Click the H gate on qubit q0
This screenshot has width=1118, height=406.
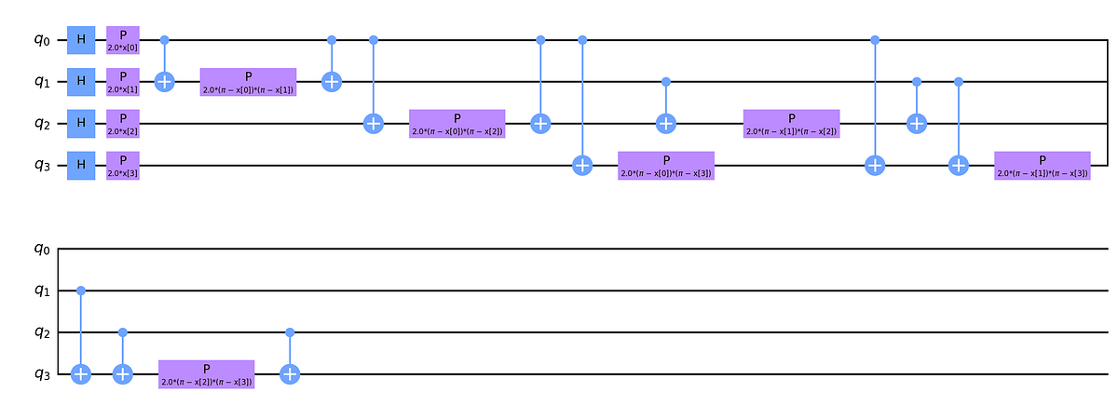pos(81,40)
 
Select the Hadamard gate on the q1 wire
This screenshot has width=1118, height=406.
pos(81,82)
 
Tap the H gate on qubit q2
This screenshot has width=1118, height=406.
pos(81,123)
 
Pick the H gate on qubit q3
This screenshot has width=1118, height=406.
pos(81,165)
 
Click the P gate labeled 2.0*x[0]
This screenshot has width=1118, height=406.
pos(123,40)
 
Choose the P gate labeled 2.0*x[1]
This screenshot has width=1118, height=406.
pos(123,82)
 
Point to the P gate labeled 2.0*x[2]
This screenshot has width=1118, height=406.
pos(123,123)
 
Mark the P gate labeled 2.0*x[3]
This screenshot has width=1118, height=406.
pos(123,165)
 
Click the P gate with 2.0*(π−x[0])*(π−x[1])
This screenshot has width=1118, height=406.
pos(248,82)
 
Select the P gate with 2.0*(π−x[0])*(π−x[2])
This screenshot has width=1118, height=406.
pos(457,123)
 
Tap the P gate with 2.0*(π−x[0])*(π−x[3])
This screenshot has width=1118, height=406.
pos(666,165)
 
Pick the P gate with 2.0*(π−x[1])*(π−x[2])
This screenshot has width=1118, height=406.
pos(791,123)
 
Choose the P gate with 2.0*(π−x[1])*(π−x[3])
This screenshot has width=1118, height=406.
pos(1042,165)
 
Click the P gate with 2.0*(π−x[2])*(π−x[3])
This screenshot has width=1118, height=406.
pos(206,373)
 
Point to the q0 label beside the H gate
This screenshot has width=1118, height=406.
pos(34,41)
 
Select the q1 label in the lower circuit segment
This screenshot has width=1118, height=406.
pos(34,291)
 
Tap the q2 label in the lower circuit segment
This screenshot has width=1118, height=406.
pos(34,333)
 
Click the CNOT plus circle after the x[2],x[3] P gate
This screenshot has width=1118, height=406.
pos(290,373)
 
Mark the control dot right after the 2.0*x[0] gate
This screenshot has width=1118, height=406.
pos(165,40)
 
